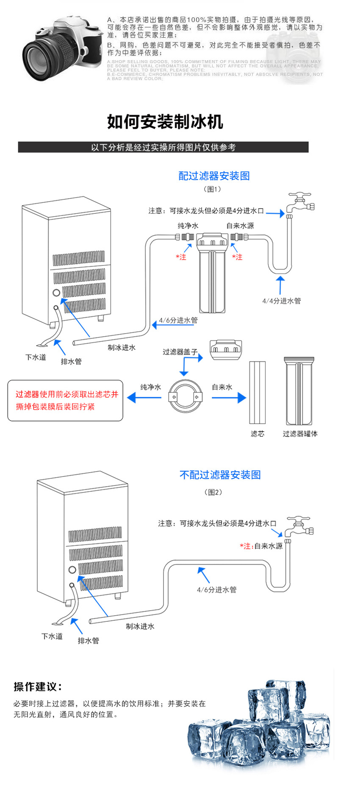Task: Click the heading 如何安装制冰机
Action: coord(165,122)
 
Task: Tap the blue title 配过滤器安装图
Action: coord(214,176)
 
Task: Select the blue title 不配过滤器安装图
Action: coord(220,475)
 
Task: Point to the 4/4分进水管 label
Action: coord(282,301)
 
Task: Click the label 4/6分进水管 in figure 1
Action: coord(178,320)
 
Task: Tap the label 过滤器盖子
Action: coord(180,352)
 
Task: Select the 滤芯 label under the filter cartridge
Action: coord(258,434)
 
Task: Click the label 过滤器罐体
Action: coord(300,434)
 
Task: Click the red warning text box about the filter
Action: coord(65,401)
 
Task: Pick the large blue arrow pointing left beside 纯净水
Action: coord(144,397)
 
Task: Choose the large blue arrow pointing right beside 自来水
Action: coord(229,398)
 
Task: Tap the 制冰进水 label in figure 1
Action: coord(122,348)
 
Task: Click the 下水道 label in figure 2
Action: coord(52,636)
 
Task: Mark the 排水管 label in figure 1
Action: coord(71,362)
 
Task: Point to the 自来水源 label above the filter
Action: coord(240,226)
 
